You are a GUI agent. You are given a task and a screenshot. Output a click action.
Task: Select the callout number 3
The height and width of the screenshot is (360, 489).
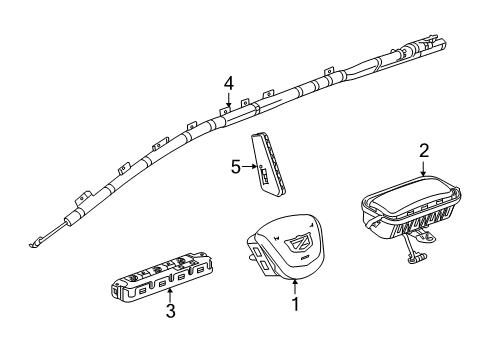point(170,339)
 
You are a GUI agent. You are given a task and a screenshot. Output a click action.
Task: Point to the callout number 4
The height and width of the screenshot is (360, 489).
point(228,83)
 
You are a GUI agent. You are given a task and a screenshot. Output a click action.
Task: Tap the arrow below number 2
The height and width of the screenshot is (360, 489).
point(423,169)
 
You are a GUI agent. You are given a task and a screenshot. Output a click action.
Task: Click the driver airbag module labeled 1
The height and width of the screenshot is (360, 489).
point(286,274)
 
